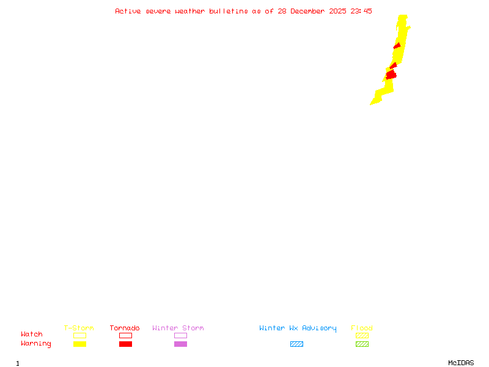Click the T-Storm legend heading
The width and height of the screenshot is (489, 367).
tap(79, 328)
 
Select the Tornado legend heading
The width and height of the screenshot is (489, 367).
tap(125, 328)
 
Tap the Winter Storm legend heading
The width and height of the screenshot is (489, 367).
tap(178, 328)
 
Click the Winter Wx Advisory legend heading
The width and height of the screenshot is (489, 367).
tap(298, 328)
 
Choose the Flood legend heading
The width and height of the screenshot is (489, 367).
tap(362, 328)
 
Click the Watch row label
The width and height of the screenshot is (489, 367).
tap(32, 335)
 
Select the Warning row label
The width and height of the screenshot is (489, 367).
tap(36, 344)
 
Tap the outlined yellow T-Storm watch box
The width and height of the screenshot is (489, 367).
tap(79, 335)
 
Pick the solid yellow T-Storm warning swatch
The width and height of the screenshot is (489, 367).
tap(79, 344)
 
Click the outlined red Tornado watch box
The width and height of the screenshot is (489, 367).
tap(125, 335)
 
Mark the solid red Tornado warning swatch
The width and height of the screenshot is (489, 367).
tap(125, 344)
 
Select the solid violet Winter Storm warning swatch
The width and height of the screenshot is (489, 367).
tap(180, 344)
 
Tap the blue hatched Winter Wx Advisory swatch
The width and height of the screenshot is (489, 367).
tap(296, 344)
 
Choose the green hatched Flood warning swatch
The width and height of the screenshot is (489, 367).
tap(362, 344)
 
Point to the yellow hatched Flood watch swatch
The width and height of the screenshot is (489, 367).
tap(362, 335)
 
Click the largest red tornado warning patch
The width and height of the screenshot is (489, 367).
tap(391, 75)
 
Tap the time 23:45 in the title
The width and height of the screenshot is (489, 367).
tap(361, 11)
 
